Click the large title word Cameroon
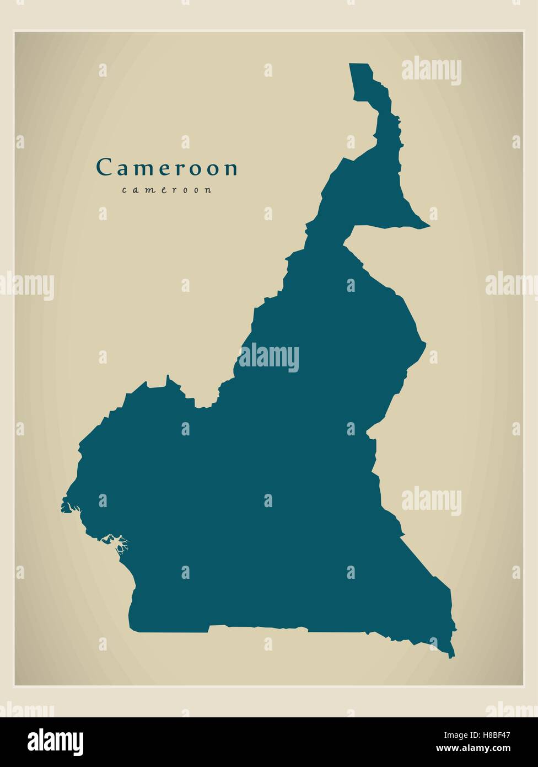point(166,168)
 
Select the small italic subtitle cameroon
point(166,190)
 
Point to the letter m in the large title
point(137,169)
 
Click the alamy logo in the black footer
point(55,742)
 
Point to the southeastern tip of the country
point(451,656)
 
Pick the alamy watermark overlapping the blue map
point(269,358)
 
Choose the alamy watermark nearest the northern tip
point(431,71)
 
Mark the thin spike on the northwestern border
point(168,377)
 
